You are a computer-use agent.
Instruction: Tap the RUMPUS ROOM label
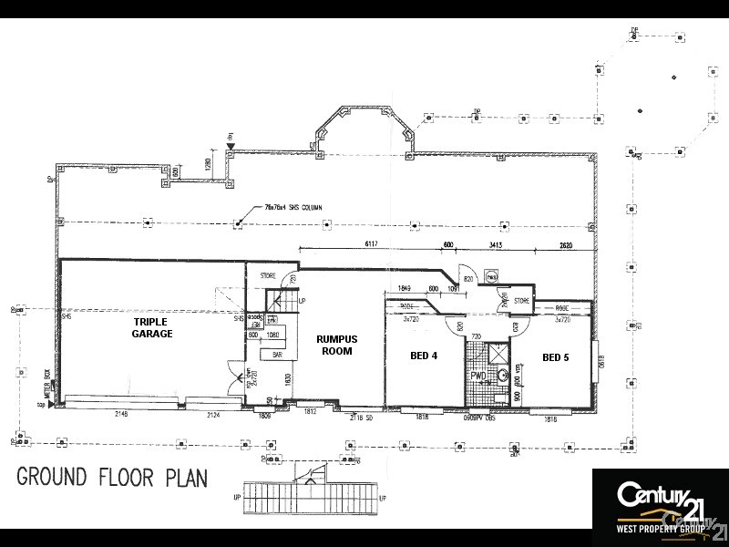point(336,345)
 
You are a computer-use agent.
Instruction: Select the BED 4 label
point(425,356)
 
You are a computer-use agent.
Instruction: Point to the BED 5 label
point(555,356)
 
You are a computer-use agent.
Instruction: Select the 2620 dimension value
point(565,244)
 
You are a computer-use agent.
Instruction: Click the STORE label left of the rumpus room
point(268,274)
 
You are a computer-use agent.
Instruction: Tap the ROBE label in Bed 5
point(561,308)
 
